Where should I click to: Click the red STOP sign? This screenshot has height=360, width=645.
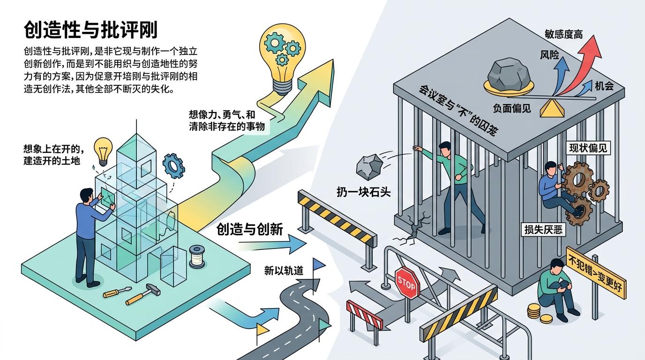(x=406, y=283)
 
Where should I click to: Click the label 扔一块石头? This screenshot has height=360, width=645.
(x=363, y=191)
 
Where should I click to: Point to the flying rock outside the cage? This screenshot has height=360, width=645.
(x=369, y=165)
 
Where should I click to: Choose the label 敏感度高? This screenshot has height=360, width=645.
(x=563, y=34)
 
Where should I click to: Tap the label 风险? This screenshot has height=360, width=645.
(x=549, y=55)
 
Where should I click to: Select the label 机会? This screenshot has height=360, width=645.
(x=604, y=86)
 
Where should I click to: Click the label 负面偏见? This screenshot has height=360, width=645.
(x=512, y=108)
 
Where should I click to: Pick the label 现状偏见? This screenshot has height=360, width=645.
(x=588, y=148)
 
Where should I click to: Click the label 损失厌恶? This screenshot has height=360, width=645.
(x=544, y=230)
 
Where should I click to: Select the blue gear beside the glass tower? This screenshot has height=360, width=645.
(x=173, y=165)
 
